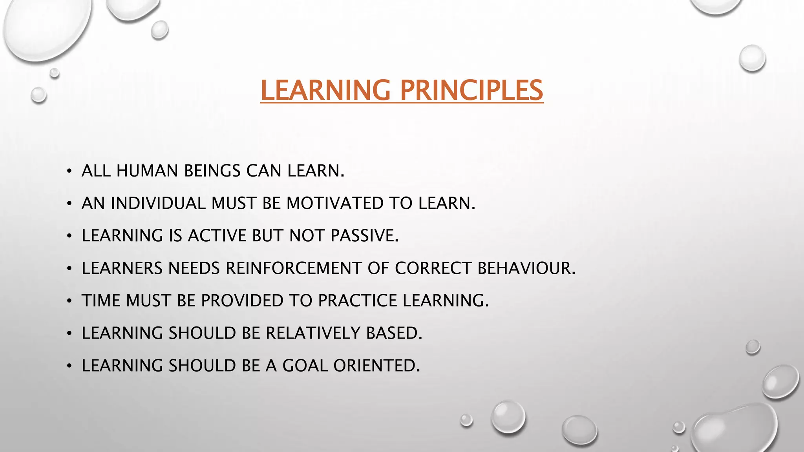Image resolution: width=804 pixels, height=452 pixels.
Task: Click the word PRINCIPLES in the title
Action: coord(471,90)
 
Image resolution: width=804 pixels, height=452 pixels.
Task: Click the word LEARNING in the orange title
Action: coord(325,90)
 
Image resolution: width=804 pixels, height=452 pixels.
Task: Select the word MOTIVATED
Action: coord(334,203)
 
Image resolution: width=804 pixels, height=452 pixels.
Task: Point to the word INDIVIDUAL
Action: coord(158,203)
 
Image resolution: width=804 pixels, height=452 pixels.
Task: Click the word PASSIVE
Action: coord(364,236)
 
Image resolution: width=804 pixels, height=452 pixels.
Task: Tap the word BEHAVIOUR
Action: coord(526,268)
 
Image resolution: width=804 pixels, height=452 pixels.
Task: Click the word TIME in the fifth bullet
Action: coord(101,301)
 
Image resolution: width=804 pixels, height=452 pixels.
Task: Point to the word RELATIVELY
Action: coord(313,333)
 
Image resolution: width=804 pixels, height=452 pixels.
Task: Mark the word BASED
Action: coord(394,333)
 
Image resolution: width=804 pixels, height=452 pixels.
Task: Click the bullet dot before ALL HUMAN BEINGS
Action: coord(69,171)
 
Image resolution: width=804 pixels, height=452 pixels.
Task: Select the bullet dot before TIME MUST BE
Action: coord(69,301)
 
